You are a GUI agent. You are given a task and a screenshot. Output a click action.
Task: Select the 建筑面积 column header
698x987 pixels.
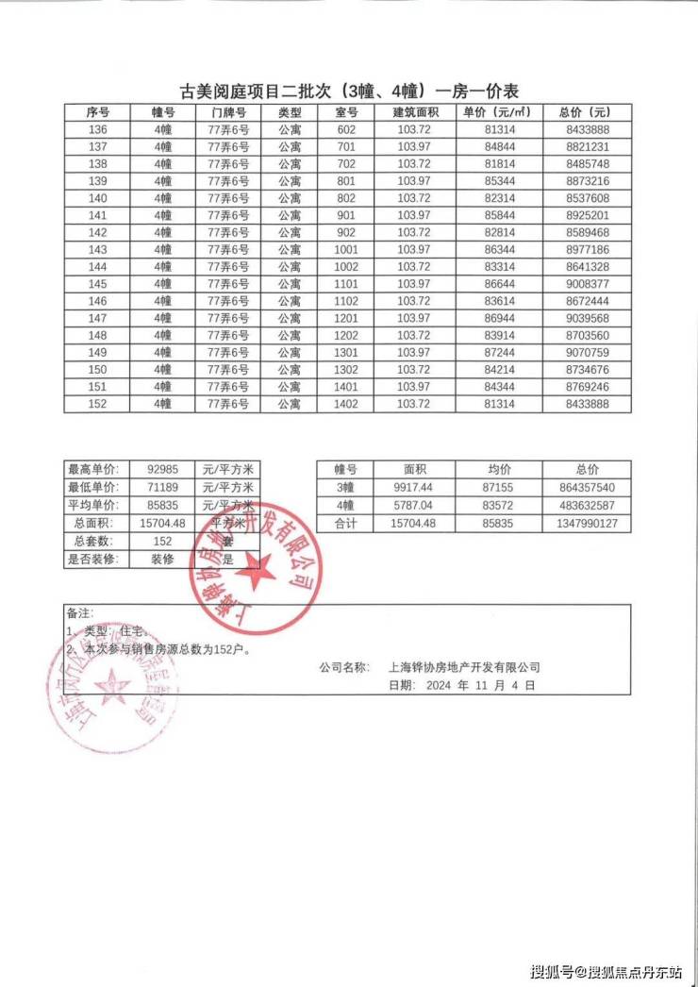(x=413, y=112)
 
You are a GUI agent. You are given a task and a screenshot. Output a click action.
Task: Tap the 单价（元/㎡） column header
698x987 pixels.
(x=497, y=112)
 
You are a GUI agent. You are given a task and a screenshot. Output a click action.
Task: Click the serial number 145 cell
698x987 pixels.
(x=97, y=284)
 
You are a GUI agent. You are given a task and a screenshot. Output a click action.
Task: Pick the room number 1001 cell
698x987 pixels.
(x=346, y=250)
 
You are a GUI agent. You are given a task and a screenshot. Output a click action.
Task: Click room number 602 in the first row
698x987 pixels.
(x=346, y=129)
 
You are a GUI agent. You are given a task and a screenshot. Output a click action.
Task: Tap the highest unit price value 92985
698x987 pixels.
(x=163, y=469)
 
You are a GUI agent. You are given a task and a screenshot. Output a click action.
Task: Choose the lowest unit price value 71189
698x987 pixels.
(x=163, y=487)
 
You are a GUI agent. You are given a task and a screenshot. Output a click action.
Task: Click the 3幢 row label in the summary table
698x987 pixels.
(x=345, y=487)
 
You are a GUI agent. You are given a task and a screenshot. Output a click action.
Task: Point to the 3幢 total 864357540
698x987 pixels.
(x=580, y=487)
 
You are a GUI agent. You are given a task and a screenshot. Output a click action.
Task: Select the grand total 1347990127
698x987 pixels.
(x=580, y=523)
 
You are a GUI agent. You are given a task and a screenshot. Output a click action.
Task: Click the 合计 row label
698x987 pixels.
(x=345, y=523)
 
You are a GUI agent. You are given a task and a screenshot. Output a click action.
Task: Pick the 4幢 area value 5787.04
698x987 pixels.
(x=415, y=505)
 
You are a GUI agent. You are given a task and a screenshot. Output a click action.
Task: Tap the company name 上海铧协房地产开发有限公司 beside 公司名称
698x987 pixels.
(x=464, y=667)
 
